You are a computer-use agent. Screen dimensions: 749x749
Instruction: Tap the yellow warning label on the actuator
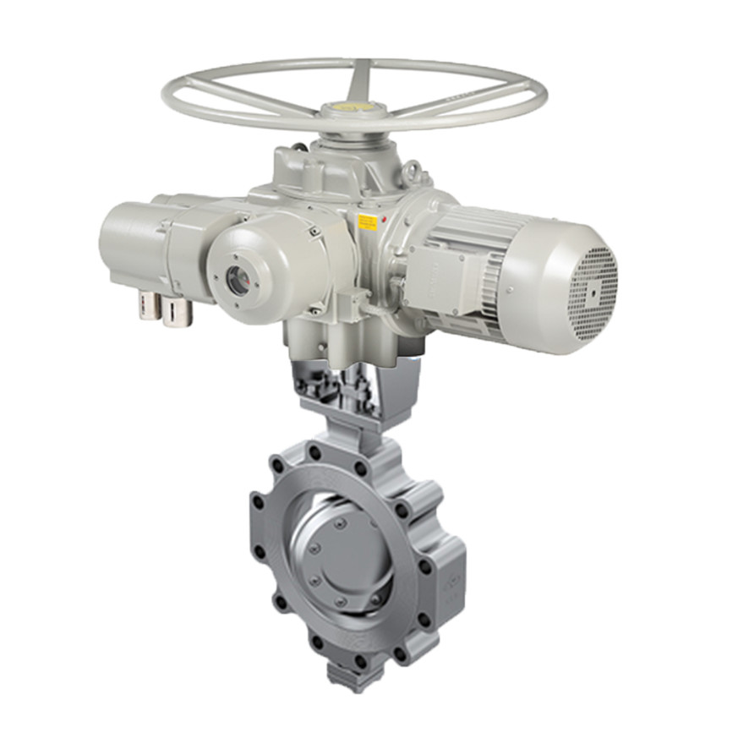pyautogui.click(x=368, y=222)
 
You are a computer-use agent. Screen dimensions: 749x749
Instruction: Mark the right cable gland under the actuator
pyautogui.click(x=177, y=311)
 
